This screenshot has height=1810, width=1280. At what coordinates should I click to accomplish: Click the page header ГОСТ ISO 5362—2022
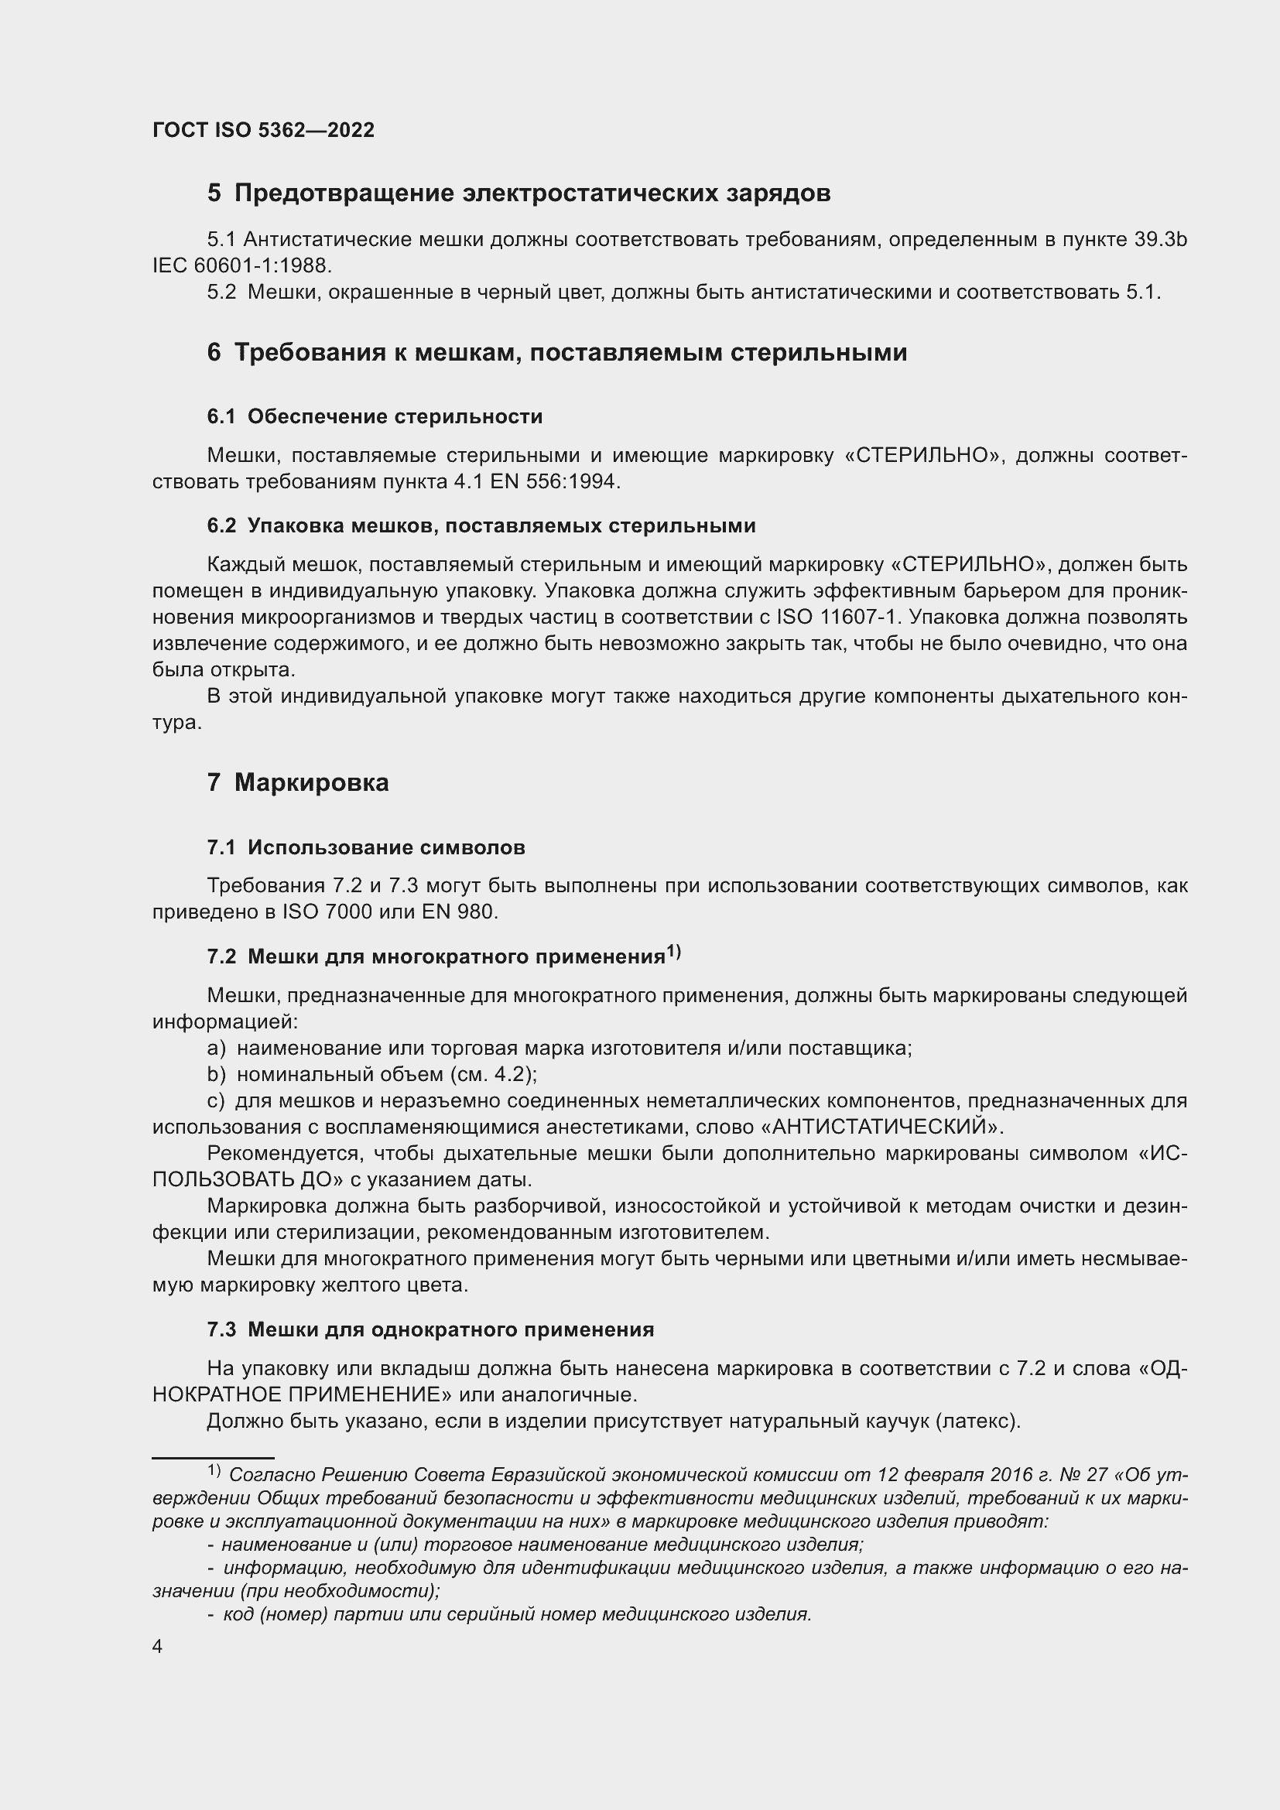coord(263,130)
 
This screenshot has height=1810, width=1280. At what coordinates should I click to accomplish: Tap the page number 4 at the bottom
coord(158,1647)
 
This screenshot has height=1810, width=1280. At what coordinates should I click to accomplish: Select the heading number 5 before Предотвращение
coord(214,193)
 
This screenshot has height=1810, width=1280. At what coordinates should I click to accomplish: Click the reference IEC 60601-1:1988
coord(241,265)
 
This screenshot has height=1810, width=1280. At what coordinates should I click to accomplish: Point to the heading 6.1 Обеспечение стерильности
coord(375,416)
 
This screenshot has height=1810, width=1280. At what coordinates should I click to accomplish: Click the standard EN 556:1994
coord(554,481)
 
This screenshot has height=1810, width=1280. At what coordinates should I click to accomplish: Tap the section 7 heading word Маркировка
coord(311,783)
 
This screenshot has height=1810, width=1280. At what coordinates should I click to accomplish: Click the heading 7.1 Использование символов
coord(366,847)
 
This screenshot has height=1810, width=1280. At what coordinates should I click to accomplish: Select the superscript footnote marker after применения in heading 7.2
coord(673,953)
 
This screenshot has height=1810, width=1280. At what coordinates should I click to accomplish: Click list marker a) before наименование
coord(216,1049)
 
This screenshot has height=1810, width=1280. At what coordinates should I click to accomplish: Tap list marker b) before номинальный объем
coord(216,1075)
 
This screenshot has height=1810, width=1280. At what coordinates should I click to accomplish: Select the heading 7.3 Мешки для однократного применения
coord(430,1330)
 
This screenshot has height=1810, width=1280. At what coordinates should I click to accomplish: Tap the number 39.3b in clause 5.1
coord(1160,240)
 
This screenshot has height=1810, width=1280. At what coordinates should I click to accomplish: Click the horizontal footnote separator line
coord(213,1459)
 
